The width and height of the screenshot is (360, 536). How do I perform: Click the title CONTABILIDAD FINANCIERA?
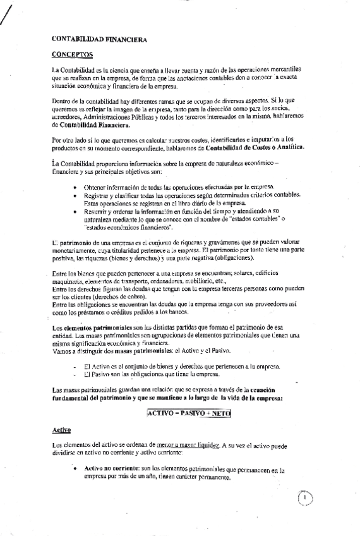99,39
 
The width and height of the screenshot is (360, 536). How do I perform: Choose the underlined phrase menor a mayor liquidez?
190,446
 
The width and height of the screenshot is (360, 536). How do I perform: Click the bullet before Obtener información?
75,187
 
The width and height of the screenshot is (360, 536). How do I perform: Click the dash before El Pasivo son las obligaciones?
75,375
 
